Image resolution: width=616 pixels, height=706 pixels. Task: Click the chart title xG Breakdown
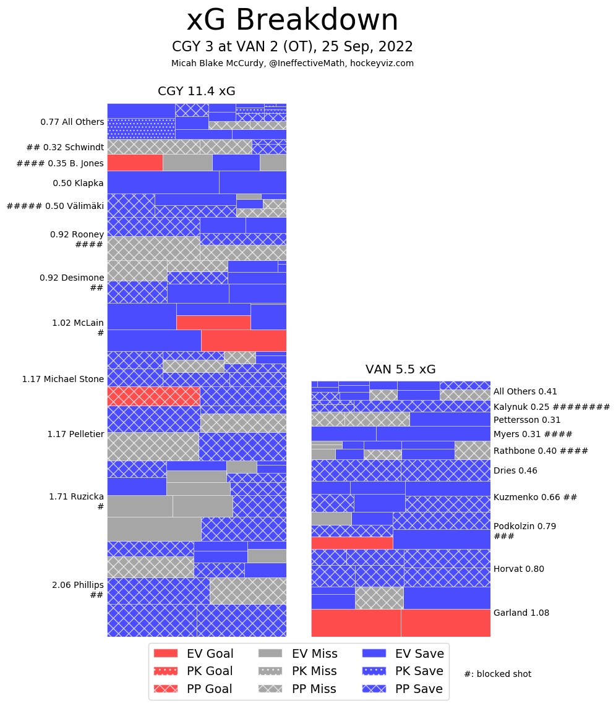(x=293, y=20)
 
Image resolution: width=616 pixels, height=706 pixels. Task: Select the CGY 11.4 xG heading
(x=197, y=91)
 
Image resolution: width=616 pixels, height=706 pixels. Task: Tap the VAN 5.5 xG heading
(x=401, y=370)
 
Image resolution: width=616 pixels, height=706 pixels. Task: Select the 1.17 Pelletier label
(x=75, y=434)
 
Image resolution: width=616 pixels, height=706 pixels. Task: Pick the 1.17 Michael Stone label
(x=63, y=379)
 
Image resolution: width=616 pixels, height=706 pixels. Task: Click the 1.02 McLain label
(x=78, y=323)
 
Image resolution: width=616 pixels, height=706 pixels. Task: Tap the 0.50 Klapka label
(x=78, y=183)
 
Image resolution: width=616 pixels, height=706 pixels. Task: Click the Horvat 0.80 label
(x=519, y=569)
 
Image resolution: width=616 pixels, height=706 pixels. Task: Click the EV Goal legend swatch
(x=165, y=653)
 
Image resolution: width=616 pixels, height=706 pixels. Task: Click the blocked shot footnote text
(x=497, y=674)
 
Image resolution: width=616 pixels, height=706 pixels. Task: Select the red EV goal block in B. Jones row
(x=135, y=163)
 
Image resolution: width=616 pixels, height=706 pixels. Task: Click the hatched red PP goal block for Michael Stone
(x=153, y=396)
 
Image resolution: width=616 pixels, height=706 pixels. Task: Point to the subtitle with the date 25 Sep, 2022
(x=293, y=47)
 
